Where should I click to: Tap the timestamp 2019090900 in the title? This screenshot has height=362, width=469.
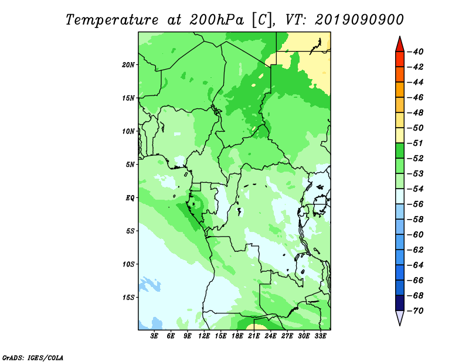click(x=359, y=19)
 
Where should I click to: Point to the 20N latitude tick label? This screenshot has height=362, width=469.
click(x=128, y=64)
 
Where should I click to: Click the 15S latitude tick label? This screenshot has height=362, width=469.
click(x=128, y=298)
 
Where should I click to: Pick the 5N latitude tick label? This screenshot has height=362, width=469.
click(x=130, y=165)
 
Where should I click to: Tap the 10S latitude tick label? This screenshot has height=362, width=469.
click(x=128, y=264)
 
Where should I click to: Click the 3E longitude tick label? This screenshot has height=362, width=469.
click(x=155, y=336)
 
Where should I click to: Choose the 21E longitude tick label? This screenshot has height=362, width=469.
click(x=254, y=336)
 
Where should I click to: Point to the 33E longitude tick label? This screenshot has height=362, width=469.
click(x=320, y=336)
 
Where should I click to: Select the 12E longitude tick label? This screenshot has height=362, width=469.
click(x=204, y=336)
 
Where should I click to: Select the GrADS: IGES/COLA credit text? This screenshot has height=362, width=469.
click(x=33, y=357)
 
